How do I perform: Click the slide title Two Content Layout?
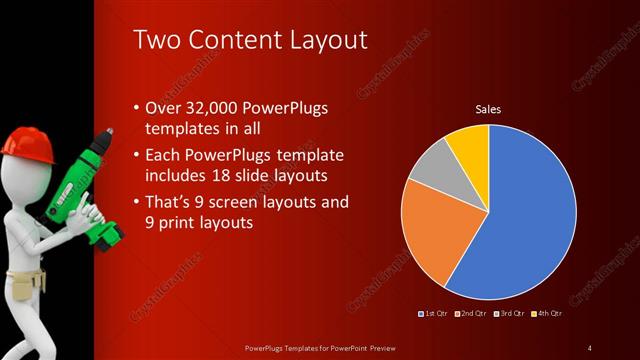coord(250,40)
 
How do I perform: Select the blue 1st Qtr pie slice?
coord(530,220)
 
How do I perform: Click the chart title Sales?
coord(487,109)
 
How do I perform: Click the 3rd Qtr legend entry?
coord(509,314)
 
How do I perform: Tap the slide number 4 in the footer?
coord(590,347)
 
